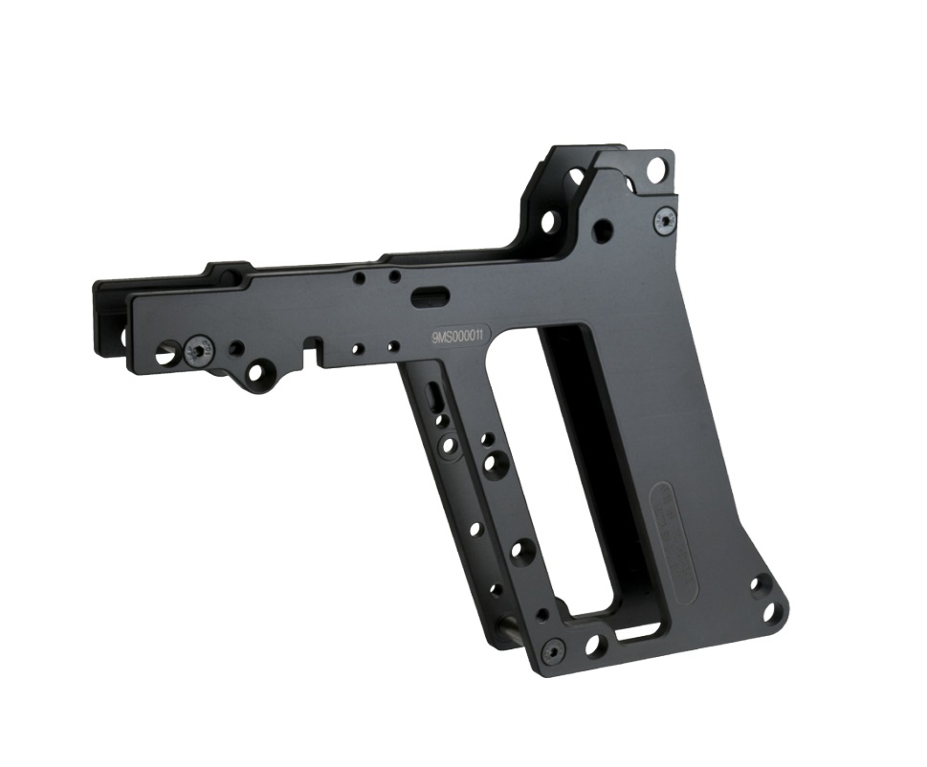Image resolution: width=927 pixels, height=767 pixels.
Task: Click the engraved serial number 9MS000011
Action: point(462,336)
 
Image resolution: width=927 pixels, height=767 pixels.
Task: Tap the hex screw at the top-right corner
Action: point(665,222)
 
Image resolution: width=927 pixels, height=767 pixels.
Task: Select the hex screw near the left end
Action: point(198,352)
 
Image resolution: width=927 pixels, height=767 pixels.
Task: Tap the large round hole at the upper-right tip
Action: point(656,170)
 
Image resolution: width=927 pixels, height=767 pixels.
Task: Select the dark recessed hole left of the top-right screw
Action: point(602,230)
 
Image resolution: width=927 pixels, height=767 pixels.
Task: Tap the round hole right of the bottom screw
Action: point(591,645)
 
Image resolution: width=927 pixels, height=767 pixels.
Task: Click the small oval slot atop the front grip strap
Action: point(434,396)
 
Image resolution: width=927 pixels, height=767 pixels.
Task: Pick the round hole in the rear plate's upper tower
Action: point(549,222)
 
